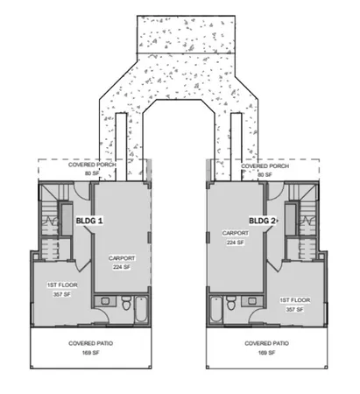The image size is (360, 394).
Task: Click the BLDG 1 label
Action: [90, 222]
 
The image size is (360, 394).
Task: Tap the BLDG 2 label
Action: [263, 222]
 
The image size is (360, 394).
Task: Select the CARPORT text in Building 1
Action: [121, 260]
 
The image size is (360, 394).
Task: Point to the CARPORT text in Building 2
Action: [236, 234]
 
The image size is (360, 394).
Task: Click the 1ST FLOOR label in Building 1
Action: [59, 286]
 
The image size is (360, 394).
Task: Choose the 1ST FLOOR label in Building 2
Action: [294, 299]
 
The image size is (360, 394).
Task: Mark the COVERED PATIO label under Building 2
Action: [264, 344]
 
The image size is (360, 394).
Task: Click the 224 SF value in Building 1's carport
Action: [121, 269]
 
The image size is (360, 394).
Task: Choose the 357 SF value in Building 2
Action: [294, 308]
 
